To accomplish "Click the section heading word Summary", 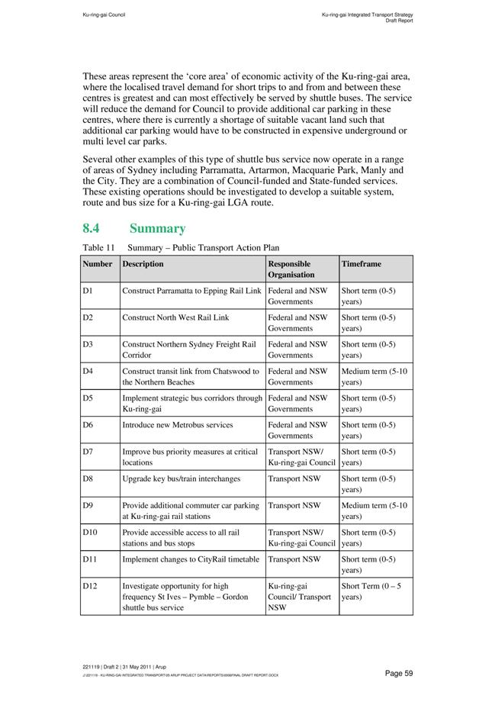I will pyautogui.click(x=157, y=228).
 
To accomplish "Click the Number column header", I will pyautogui.click(x=98, y=264).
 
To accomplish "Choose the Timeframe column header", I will pyautogui.click(x=362, y=264).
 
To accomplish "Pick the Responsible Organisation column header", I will pyautogui.click(x=291, y=269).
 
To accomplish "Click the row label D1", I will pyautogui.click(x=88, y=291).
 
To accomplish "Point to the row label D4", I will pyautogui.click(x=88, y=372).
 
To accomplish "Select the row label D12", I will pyautogui.click(x=90, y=586).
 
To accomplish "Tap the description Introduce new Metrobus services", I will pyautogui.click(x=178, y=425).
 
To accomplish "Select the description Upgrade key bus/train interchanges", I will pyautogui.click(x=182, y=478).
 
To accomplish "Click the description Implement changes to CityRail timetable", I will pyautogui.click(x=191, y=559).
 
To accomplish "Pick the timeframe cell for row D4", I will pyautogui.click(x=374, y=377).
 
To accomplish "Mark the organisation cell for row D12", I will pyautogui.click(x=301, y=597).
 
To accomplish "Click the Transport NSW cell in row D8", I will pyautogui.click(x=294, y=478).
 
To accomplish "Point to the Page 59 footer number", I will pyautogui.click(x=399, y=672).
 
